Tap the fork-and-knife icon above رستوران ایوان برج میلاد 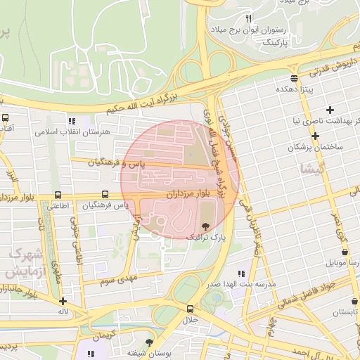(x=248, y=18)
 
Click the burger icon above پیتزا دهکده (x=293, y=77)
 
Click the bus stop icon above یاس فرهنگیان (x=105, y=194)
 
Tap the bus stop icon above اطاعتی (x=57, y=195)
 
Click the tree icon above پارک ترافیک (x=205, y=226)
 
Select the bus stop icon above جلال (x=190, y=309)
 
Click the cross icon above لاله (x=63, y=300)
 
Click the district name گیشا (x=312, y=169)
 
